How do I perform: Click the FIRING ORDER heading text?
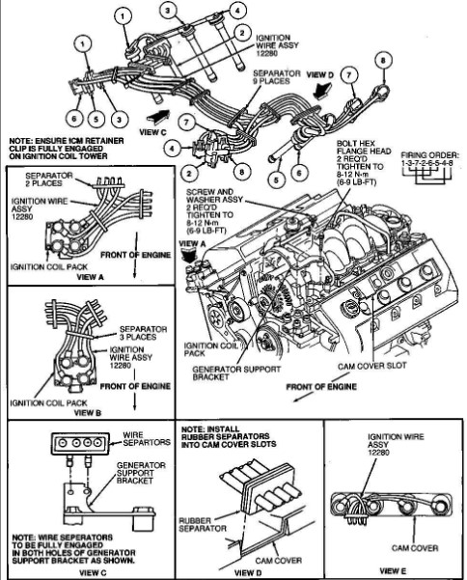[430, 155]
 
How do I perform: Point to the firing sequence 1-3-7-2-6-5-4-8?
[426, 163]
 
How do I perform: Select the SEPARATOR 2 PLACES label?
[49, 180]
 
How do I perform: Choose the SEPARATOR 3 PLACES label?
[143, 333]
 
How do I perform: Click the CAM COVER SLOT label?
[372, 366]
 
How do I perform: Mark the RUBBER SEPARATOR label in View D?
[202, 525]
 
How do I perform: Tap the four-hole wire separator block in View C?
[81, 444]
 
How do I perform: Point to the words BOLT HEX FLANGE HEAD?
[364, 147]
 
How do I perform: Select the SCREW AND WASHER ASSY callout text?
[214, 196]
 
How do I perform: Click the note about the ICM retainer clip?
[67, 149]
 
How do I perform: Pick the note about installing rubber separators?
[229, 436]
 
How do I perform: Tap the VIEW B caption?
[88, 412]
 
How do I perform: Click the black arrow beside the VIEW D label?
[322, 90]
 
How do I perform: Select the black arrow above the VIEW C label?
[158, 116]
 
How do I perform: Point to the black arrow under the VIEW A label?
[192, 256]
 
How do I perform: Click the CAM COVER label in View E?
[415, 548]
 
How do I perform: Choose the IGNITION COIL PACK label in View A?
[49, 266]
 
